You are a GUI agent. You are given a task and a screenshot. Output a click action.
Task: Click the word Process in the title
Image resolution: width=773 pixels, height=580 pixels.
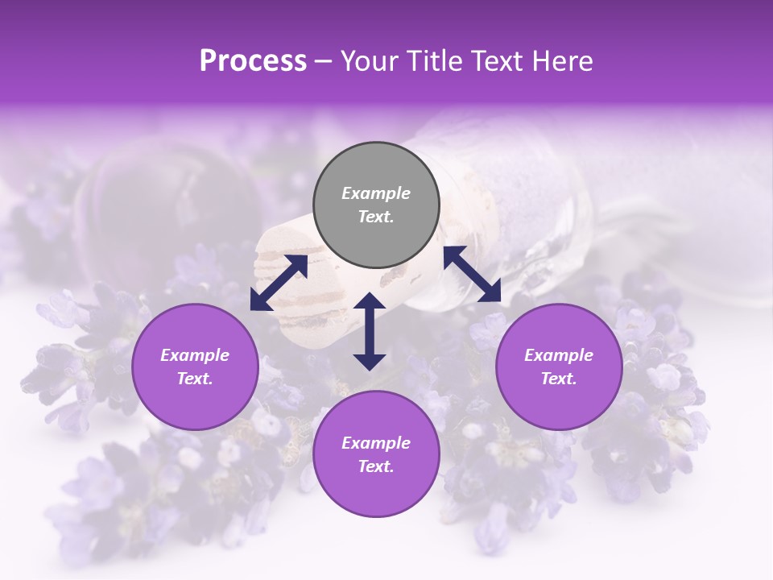[253, 61]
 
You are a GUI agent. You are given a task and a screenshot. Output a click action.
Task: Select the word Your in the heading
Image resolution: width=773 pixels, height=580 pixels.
[370, 61]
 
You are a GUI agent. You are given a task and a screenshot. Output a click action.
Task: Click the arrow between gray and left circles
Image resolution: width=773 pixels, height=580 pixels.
[279, 283]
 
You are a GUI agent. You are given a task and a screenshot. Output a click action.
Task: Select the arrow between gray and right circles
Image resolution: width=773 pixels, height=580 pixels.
[472, 274]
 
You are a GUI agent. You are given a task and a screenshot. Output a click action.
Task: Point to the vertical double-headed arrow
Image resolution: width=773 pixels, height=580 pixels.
[370, 331]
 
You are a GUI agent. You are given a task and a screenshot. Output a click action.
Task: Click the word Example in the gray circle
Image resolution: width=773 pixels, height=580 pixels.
[376, 193]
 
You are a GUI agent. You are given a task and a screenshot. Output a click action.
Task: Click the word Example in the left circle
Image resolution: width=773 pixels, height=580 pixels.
[195, 355]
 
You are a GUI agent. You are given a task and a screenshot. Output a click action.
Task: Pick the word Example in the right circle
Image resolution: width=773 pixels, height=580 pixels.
[559, 355]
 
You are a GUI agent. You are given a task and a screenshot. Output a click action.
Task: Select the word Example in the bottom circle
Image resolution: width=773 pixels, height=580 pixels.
[376, 443]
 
